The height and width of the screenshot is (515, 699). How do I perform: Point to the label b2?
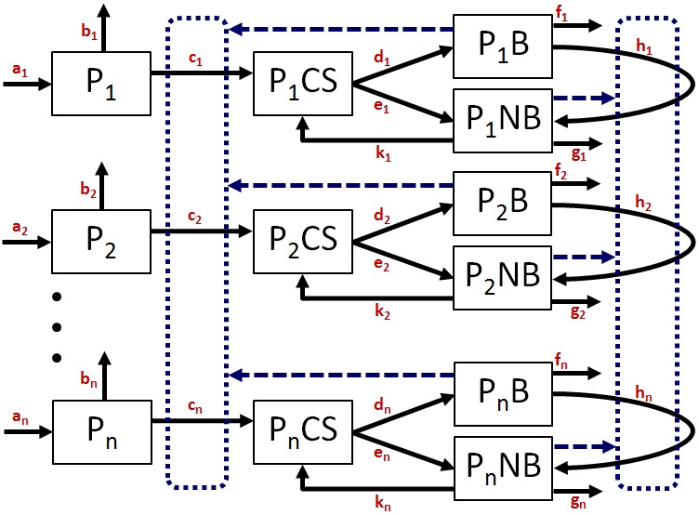tap(89, 195)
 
